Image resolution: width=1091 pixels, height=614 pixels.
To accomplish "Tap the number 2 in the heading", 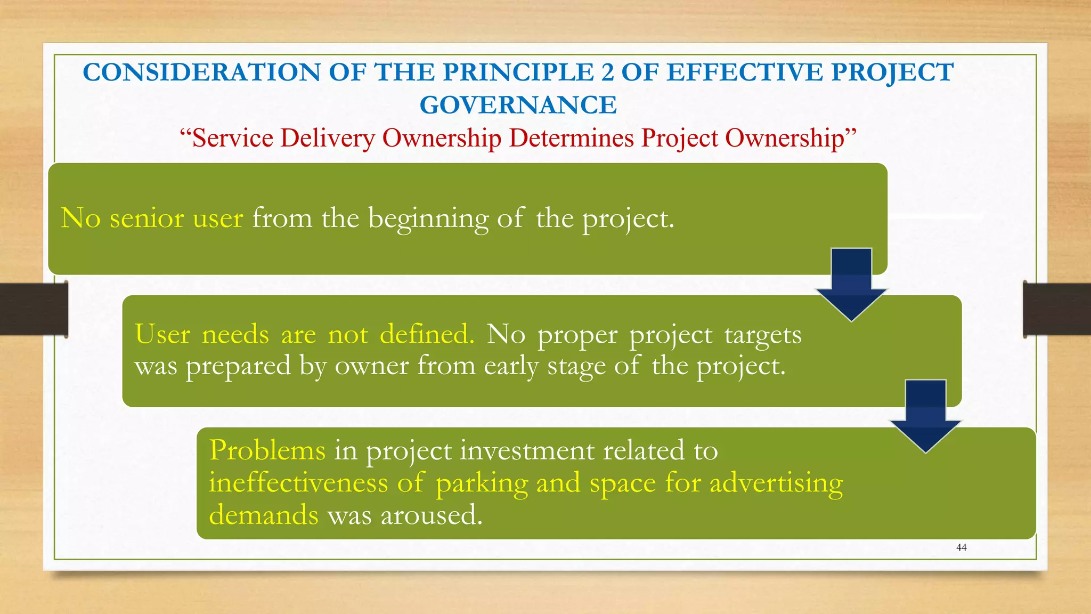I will (x=607, y=72).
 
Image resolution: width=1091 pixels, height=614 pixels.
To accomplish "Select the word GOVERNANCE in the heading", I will (x=518, y=105).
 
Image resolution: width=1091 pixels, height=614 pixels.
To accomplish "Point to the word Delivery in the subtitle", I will (x=328, y=138).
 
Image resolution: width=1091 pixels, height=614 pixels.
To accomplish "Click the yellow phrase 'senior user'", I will (x=176, y=219).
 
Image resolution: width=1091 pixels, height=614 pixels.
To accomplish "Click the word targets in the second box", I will (x=762, y=335).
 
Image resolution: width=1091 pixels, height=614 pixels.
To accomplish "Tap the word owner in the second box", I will (x=371, y=366).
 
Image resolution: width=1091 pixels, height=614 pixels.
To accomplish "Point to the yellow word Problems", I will (x=267, y=450).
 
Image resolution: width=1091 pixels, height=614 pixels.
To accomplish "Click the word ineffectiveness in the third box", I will (x=298, y=483).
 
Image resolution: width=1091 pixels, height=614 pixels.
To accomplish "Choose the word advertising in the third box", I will (x=776, y=483).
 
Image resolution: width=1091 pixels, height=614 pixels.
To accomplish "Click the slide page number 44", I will (x=961, y=547).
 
